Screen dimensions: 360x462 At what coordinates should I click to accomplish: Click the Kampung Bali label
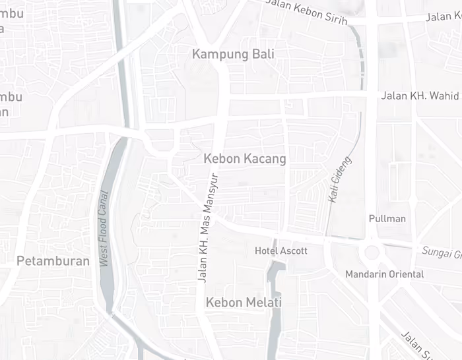coord(232,54)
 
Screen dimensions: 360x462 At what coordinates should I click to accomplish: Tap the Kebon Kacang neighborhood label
coord(244,159)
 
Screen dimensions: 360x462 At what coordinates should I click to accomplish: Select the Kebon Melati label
coord(244,303)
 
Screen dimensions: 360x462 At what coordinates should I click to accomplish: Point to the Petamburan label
coord(53,261)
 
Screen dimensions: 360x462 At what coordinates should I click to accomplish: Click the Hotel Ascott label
coord(281,251)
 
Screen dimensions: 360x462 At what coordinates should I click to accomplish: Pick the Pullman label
coord(387,218)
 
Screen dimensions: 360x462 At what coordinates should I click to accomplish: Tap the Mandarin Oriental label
coord(384,274)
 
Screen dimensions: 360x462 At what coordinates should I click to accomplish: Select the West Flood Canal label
coord(104,229)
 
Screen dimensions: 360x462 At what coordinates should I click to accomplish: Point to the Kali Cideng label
coord(339,179)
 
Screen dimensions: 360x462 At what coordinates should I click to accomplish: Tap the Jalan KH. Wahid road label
coord(420,96)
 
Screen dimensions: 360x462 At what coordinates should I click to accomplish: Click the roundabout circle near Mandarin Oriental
coord(372,252)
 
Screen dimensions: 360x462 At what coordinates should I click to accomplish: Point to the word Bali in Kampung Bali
coord(262,54)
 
